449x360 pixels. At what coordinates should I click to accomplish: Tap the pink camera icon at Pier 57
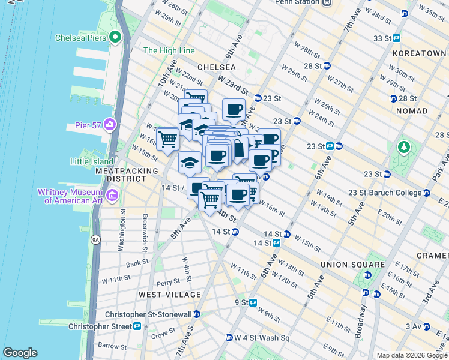click(109, 125)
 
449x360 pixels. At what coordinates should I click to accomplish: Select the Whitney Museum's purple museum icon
click(112, 196)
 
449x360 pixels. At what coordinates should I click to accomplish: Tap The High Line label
click(169, 51)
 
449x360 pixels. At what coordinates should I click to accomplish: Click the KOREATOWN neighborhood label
click(419, 53)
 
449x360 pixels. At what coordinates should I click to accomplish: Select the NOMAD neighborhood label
click(411, 111)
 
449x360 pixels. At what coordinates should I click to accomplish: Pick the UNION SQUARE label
click(352, 265)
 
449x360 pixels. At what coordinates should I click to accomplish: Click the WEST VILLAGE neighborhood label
click(170, 295)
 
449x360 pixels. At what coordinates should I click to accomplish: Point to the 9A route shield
click(95, 239)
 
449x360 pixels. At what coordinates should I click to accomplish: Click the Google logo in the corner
click(20, 353)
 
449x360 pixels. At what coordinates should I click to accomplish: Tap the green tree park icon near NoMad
click(405, 146)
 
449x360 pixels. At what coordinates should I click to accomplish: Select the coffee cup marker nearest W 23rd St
click(234, 110)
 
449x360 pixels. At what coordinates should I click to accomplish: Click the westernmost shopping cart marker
click(168, 139)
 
